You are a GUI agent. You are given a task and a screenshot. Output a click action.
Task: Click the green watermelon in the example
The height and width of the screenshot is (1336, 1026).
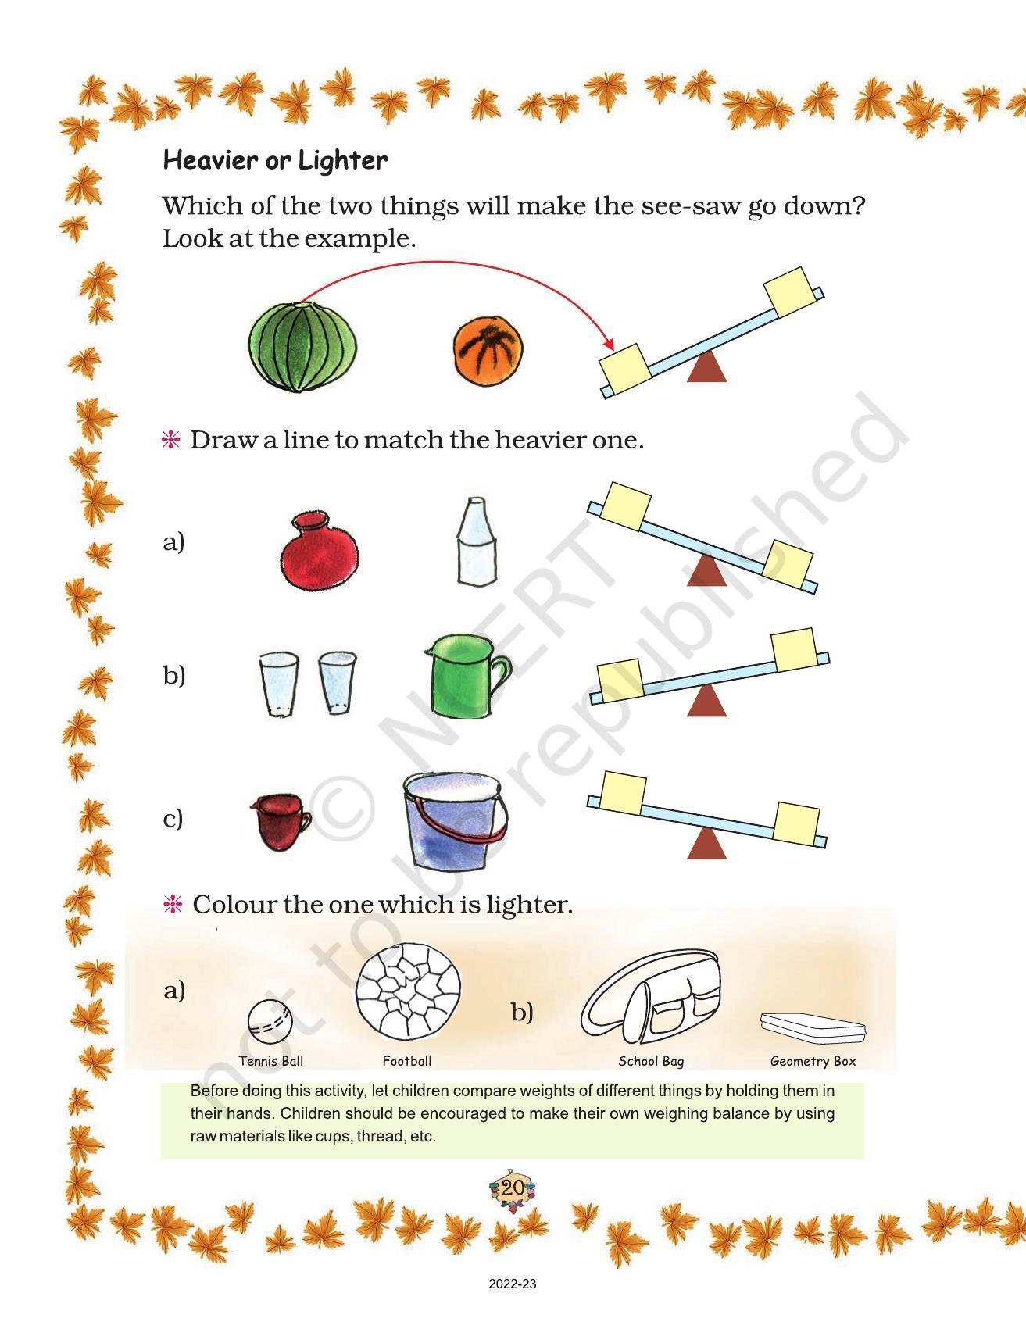[x=302, y=347]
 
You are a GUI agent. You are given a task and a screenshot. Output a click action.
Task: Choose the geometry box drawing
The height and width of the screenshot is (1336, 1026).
[x=813, y=1026]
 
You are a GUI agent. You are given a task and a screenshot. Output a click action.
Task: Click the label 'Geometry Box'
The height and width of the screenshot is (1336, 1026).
[x=813, y=1061]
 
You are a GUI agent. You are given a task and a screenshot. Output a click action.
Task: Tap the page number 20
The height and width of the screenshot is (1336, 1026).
[x=513, y=1188]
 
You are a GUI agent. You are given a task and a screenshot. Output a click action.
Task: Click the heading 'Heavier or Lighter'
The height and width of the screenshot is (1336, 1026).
[x=274, y=161]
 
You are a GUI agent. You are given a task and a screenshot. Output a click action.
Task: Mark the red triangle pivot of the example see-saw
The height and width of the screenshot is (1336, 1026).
[x=706, y=367]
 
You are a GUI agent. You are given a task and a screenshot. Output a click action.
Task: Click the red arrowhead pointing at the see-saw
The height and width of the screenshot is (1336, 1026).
[x=608, y=344]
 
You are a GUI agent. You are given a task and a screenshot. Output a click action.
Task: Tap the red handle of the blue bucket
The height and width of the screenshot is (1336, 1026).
[x=457, y=820]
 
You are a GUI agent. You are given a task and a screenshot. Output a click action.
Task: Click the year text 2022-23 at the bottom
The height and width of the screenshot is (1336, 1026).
[x=513, y=1284]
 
